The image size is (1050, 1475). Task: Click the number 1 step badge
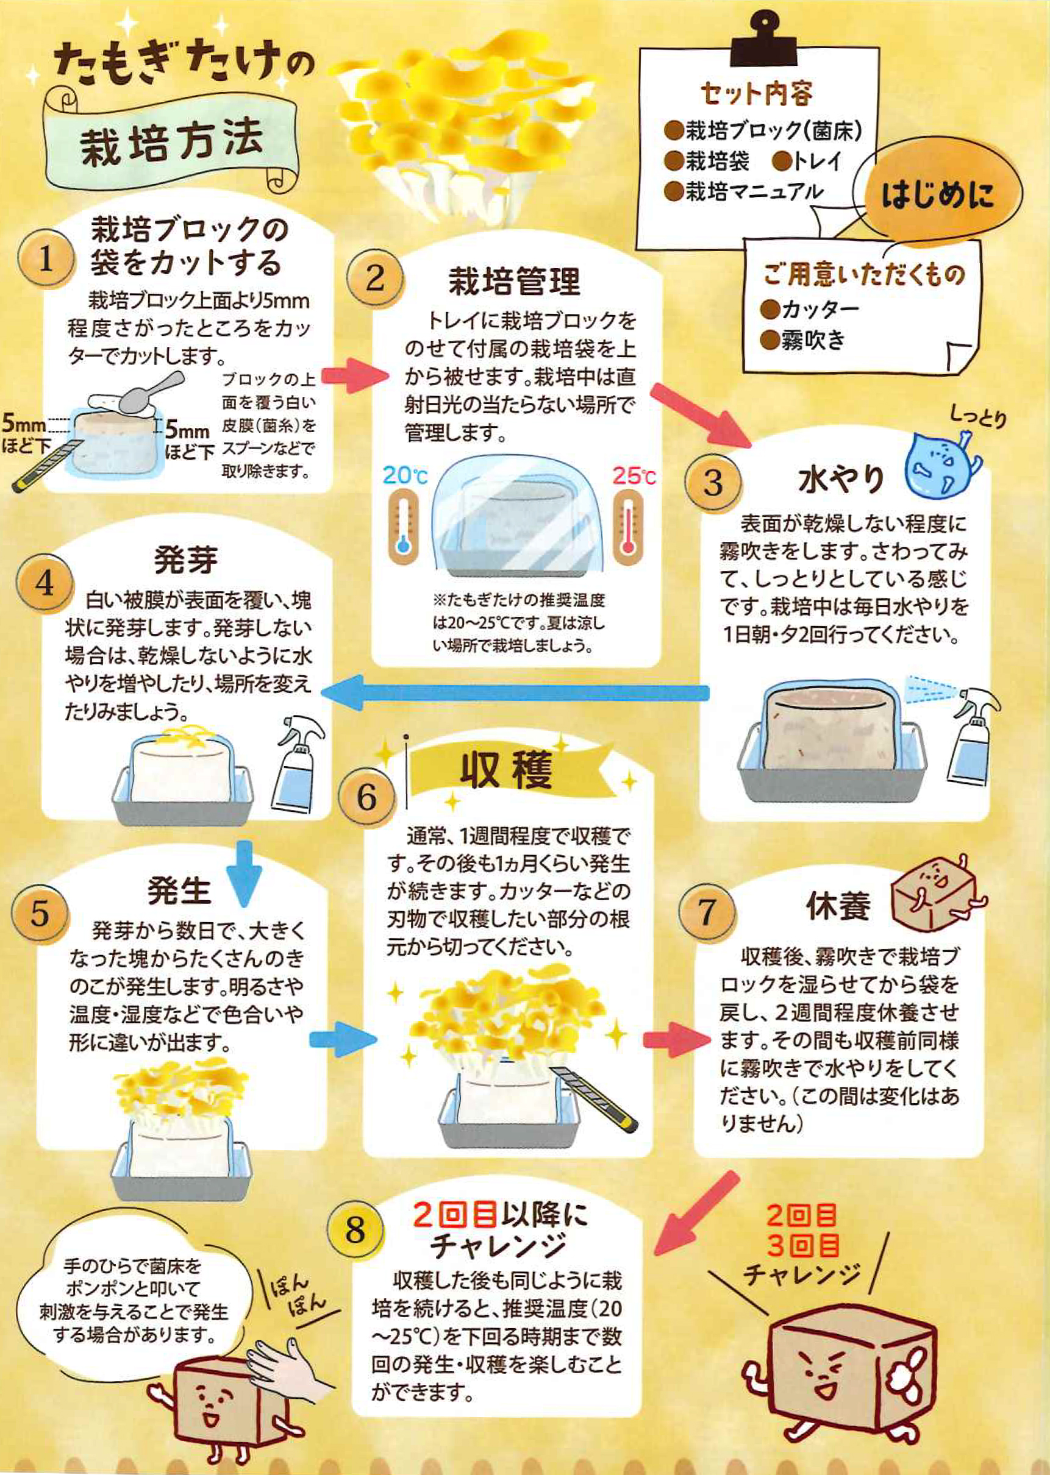[45, 260]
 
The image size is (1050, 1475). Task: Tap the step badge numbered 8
[355, 1229]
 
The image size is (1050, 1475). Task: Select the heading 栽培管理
[515, 281]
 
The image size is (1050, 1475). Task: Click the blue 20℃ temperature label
[405, 477]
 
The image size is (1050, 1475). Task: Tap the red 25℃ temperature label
[634, 477]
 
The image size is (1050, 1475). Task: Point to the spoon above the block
[147, 391]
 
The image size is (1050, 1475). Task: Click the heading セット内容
[756, 95]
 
